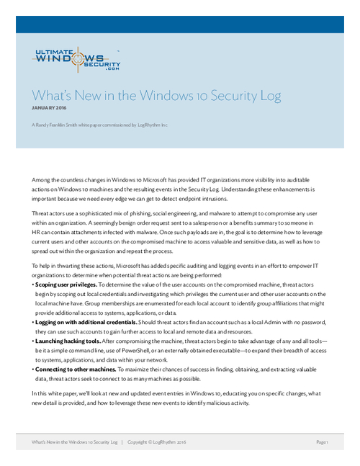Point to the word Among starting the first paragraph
pyautogui.click(x=43, y=179)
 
